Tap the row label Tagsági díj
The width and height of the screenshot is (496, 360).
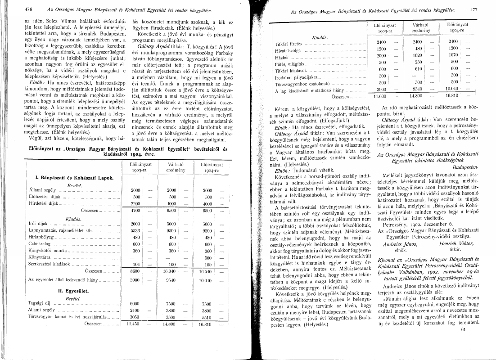[38, 329]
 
